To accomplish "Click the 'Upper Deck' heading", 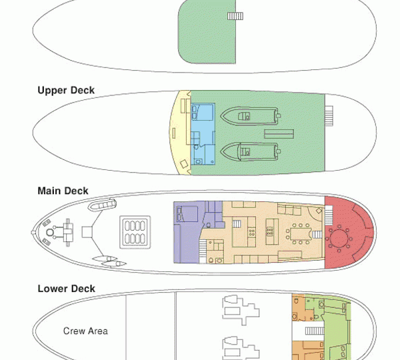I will click(x=66, y=91).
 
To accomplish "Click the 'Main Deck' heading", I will click(x=63, y=191).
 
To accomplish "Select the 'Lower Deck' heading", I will click(x=66, y=289).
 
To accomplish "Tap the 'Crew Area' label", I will click(x=85, y=331).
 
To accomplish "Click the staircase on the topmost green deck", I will click(x=235, y=16).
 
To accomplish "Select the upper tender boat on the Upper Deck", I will click(x=247, y=117).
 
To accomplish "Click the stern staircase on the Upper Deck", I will click(x=329, y=116).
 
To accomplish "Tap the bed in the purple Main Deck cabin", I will click(x=184, y=215).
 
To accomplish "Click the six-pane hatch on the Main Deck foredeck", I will click(x=133, y=231).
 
